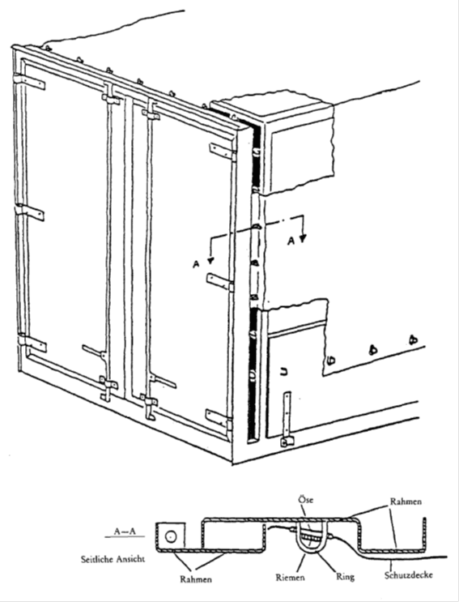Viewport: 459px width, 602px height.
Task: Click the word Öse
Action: [x=306, y=499]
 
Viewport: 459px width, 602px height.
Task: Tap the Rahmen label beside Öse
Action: [x=406, y=502]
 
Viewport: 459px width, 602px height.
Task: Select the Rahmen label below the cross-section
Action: [x=196, y=579]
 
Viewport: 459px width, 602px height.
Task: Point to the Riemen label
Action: [x=291, y=578]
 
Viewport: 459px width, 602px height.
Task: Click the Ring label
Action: [x=345, y=577]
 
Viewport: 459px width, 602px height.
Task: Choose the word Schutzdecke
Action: [x=409, y=575]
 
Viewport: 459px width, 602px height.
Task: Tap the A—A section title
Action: [x=125, y=532]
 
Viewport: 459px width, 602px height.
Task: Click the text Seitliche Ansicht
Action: [x=113, y=559]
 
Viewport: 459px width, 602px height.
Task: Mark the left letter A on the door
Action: [x=197, y=264]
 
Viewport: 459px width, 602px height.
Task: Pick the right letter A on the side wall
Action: [x=291, y=241]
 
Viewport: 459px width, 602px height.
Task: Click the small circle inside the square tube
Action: [x=171, y=536]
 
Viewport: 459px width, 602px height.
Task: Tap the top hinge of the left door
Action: [x=29, y=81]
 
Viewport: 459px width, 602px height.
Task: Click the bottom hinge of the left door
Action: [x=32, y=342]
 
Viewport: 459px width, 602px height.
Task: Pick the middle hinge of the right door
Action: [x=220, y=282]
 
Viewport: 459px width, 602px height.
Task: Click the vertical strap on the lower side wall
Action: [x=287, y=418]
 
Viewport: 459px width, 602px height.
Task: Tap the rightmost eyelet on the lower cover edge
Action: [x=413, y=339]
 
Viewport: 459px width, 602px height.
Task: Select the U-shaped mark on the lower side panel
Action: [x=284, y=371]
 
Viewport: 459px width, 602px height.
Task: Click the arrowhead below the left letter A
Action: [x=210, y=261]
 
